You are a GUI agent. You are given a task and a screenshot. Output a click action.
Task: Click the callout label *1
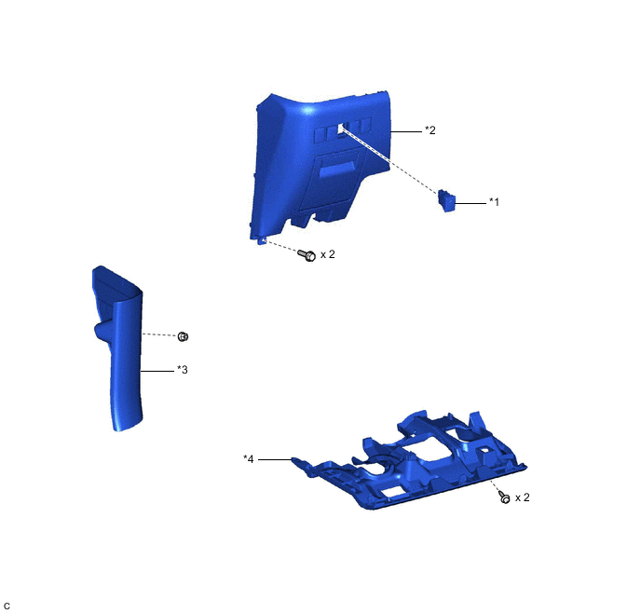494,202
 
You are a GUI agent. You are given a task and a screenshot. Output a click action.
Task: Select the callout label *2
430,129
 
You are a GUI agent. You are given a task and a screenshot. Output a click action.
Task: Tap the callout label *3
183,370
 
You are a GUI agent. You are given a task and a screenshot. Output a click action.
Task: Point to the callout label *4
249,459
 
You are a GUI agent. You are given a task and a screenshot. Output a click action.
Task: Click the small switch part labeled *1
446,200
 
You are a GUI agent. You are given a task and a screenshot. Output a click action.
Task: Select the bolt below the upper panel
307,255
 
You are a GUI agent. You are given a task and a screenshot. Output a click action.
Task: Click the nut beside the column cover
183,336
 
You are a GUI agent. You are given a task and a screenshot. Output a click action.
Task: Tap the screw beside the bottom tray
505,497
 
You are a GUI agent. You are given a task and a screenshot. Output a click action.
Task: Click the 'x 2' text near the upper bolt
327,254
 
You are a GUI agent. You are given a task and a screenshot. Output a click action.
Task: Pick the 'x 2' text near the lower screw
522,497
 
